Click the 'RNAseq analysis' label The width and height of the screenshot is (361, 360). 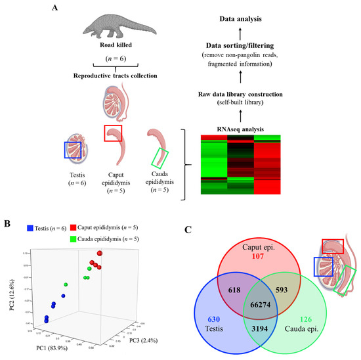click(x=271, y=129)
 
